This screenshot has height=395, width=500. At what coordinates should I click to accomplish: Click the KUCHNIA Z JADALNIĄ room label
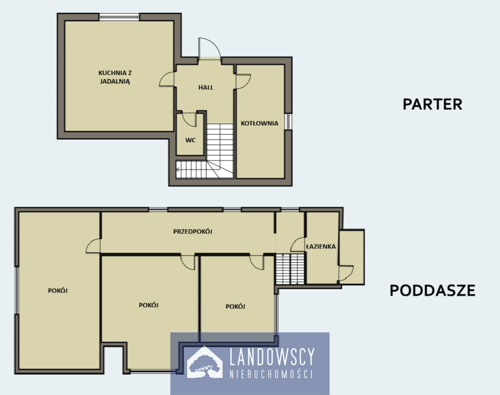click(115, 77)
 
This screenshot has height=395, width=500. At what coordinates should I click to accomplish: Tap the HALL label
click(206, 87)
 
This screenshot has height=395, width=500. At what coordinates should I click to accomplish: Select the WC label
click(190, 140)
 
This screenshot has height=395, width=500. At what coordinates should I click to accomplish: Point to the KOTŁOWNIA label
click(259, 123)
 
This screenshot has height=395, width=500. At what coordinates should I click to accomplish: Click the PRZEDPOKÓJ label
click(192, 231)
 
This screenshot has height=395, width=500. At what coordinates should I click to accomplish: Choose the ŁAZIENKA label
click(321, 246)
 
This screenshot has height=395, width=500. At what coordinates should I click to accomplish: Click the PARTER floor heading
click(433, 104)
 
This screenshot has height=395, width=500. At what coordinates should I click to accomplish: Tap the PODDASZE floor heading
click(433, 291)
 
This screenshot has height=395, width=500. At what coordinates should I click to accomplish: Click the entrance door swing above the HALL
click(209, 48)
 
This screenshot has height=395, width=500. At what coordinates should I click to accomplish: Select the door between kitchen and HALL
click(167, 79)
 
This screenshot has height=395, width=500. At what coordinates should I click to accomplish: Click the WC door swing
click(190, 119)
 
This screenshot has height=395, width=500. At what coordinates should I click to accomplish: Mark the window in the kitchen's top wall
click(119, 17)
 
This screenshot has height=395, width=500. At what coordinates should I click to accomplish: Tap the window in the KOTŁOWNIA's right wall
click(288, 121)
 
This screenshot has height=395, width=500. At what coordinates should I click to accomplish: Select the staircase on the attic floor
click(290, 269)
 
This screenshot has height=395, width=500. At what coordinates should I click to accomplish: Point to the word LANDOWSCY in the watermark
click(272, 356)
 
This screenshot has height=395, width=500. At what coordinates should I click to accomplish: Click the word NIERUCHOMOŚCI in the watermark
click(271, 374)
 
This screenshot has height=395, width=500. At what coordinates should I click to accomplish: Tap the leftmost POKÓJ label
click(58, 291)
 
